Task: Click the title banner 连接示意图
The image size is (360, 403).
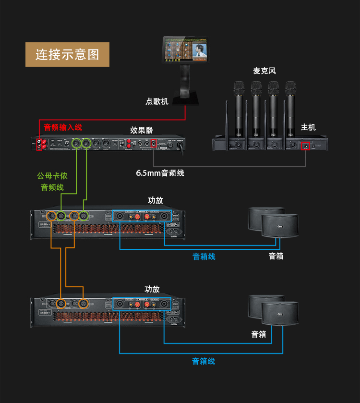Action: pyautogui.click(x=67, y=54)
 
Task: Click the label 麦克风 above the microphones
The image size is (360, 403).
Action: pyautogui.click(x=264, y=71)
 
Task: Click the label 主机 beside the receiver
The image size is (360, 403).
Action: pyautogui.click(x=308, y=127)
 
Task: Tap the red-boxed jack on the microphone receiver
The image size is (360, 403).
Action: pyautogui.click(x=305, y=145)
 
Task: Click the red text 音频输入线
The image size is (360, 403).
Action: pyautogui.click(x=63, y=127)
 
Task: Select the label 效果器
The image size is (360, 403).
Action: pyautogui.click(x=141, y=130)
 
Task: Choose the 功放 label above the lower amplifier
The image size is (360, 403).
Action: pyautogui.click(x=152, y=289)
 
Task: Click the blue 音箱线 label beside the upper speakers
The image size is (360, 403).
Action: pyautogui.click(x=204, y=256)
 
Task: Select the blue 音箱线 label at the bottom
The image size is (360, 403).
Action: pyautogui.click(x=204, y=361)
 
